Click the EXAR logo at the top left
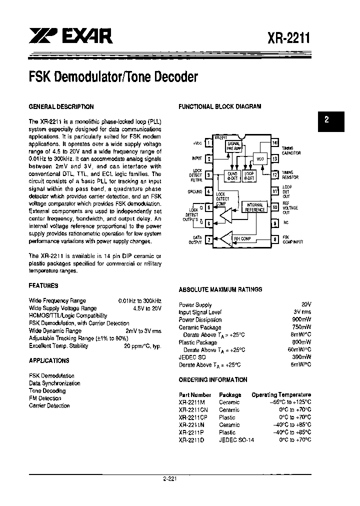[70, 36]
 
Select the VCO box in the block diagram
[259, 158]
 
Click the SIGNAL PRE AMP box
[234, 146]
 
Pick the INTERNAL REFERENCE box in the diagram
[255, 207]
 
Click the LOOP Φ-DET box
[249, 175]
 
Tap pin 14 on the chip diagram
[274, 143]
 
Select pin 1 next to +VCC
[209, 143]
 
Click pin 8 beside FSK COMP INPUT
[274, 240]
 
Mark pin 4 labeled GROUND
[209, 191]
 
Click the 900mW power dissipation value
[301, 320]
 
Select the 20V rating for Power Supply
[306, 304]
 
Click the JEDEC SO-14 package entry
[233, 440]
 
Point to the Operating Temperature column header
[281, 395]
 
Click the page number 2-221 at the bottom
[169, 478]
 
